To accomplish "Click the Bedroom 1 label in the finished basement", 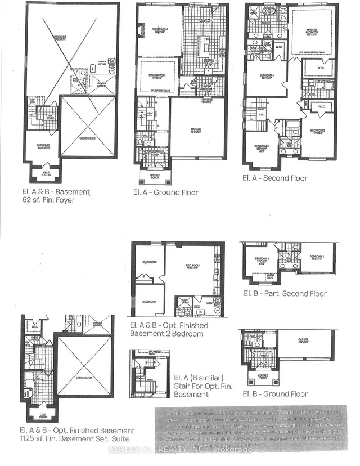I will [x=148, y=302].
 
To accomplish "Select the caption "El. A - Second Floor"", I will [x=275, y=178].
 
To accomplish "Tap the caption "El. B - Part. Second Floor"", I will [x=285, y=293].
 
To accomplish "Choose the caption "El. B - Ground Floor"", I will [x=275, y=393].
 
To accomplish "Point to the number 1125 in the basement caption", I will [x=29, y=438].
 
